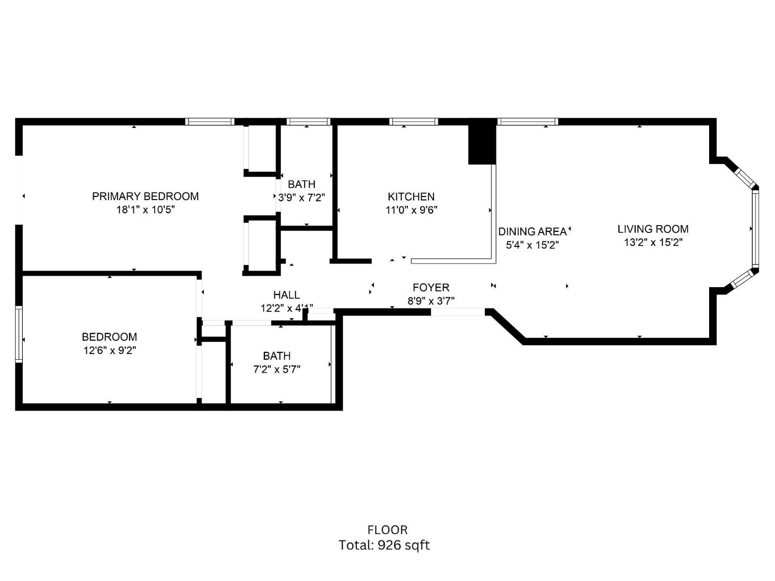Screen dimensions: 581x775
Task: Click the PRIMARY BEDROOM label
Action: [x=145, y=196]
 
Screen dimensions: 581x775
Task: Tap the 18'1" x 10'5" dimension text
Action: [x=145, y=210]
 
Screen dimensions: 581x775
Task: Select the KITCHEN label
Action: [x=411, y=197]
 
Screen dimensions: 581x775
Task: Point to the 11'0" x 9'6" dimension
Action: [x=411, y=210]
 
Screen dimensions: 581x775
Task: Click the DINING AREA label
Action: [x=532, y=231]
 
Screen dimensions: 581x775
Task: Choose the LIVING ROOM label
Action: [x=652, y=229]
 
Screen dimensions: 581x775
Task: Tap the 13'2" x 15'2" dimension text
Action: [x=652, y=243]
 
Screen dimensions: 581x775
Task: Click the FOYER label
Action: [x=431, y=288]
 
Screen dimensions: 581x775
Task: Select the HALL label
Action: [x=286, y=295]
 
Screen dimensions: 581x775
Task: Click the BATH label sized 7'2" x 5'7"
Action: [x=277, y=356]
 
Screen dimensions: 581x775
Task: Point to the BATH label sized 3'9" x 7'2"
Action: [x=301, y=184]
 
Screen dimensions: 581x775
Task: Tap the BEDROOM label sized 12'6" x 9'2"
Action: [x=109, y=337]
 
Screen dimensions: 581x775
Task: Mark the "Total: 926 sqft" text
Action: [x=384, y=545]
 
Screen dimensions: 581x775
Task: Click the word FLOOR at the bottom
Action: [x=387, y=530]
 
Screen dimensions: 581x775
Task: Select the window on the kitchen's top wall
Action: [x=413, y=122]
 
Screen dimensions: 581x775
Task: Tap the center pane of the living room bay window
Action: [x=755, y=228]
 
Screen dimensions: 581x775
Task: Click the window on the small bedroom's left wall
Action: [x=19, y=334]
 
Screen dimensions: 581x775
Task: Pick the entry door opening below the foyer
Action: [x=457, y=312]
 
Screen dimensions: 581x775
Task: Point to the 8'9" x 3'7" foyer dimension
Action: [x=431, y=301]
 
